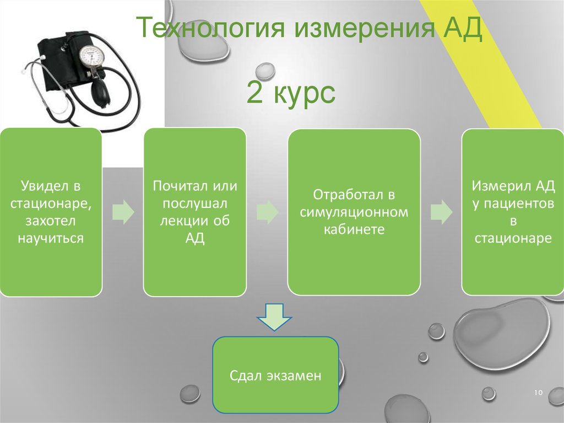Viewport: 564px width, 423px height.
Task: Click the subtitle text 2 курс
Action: click(x=290, y=94)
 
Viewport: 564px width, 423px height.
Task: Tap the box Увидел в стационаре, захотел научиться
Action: click(x=51, y=212)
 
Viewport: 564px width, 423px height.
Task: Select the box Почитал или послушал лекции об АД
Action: click(x=194, y=212)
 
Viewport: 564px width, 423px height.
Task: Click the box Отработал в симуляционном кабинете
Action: click(x=354, y=212)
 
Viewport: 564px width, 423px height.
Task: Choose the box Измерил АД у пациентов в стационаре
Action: click(x=512, y=212)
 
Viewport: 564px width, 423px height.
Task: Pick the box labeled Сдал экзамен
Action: click(x=275, y=374)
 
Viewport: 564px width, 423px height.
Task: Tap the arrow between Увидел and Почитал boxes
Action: click(x=123, y=212)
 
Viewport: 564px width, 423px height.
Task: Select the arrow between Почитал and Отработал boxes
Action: click(x=267, y=212)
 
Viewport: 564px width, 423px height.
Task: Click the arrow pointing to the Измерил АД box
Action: click(x=441, y=212)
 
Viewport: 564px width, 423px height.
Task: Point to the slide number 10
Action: click(x=538, y=392)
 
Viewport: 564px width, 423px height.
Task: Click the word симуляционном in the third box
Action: click(x=354, y=212)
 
